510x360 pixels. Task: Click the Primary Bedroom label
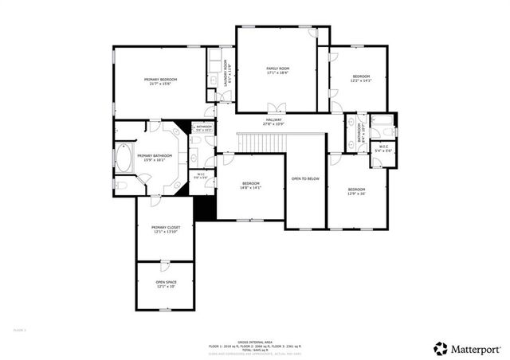[x=160, y=80]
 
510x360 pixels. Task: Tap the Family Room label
[x=277, y=71]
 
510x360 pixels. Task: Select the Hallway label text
[x=273, y=122]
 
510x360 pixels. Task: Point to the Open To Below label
[x=305, y=178]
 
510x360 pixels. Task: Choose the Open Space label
[x=166, y=284]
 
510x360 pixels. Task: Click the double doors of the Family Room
[x=277, y=108]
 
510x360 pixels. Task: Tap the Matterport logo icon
[x=440, y=348]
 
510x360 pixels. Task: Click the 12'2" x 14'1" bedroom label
[x=361, y=78]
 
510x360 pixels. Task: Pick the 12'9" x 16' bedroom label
[x=355, y=191]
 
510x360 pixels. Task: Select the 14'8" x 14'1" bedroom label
[x=251, y=186]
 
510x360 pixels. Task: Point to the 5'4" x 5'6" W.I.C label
[x=383, y=148]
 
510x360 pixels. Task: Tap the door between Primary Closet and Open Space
[x=164, y=262]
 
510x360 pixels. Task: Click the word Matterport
[x=475, y=349]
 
